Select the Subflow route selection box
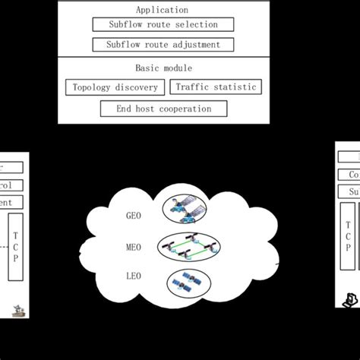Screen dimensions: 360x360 point(163,25)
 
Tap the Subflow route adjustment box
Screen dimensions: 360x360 point(163,45)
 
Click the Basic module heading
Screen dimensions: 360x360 point(163,67)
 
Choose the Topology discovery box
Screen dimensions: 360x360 point(115,87)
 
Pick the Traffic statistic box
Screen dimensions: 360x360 point(216,87)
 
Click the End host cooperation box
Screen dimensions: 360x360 point(164,109)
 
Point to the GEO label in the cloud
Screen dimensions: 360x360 point(134,216)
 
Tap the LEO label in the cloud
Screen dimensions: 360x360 point(134,276)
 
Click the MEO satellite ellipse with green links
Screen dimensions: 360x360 point(193,248)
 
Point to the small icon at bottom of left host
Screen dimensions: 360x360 point(17,309)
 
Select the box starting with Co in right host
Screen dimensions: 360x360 point(349,175)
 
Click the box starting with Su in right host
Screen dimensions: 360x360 point(349,192)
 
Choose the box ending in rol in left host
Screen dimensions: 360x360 point(11,185)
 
